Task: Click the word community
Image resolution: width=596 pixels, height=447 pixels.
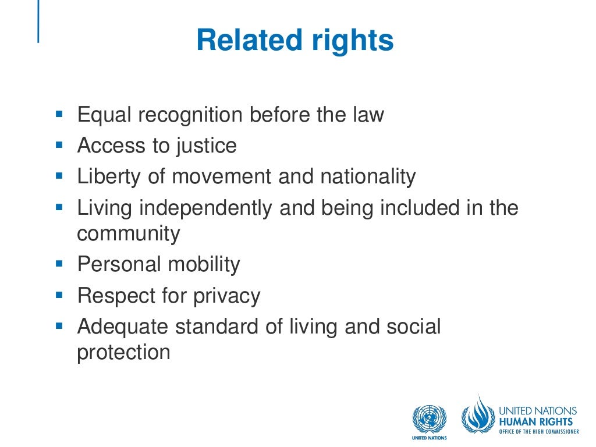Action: click(x=129, y=234)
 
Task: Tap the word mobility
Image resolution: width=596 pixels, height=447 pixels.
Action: click(x=204, y=265)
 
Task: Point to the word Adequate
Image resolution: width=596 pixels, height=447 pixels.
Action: click(x=123, y=327)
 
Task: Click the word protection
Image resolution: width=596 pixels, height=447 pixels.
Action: click(x=123, y=353)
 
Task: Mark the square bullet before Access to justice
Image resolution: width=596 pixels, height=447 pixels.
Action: click(x=58, y=144)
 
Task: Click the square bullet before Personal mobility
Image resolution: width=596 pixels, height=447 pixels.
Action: click(x=58, y=263)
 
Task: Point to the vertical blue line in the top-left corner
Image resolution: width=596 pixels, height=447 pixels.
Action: click(x=38, y=22)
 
